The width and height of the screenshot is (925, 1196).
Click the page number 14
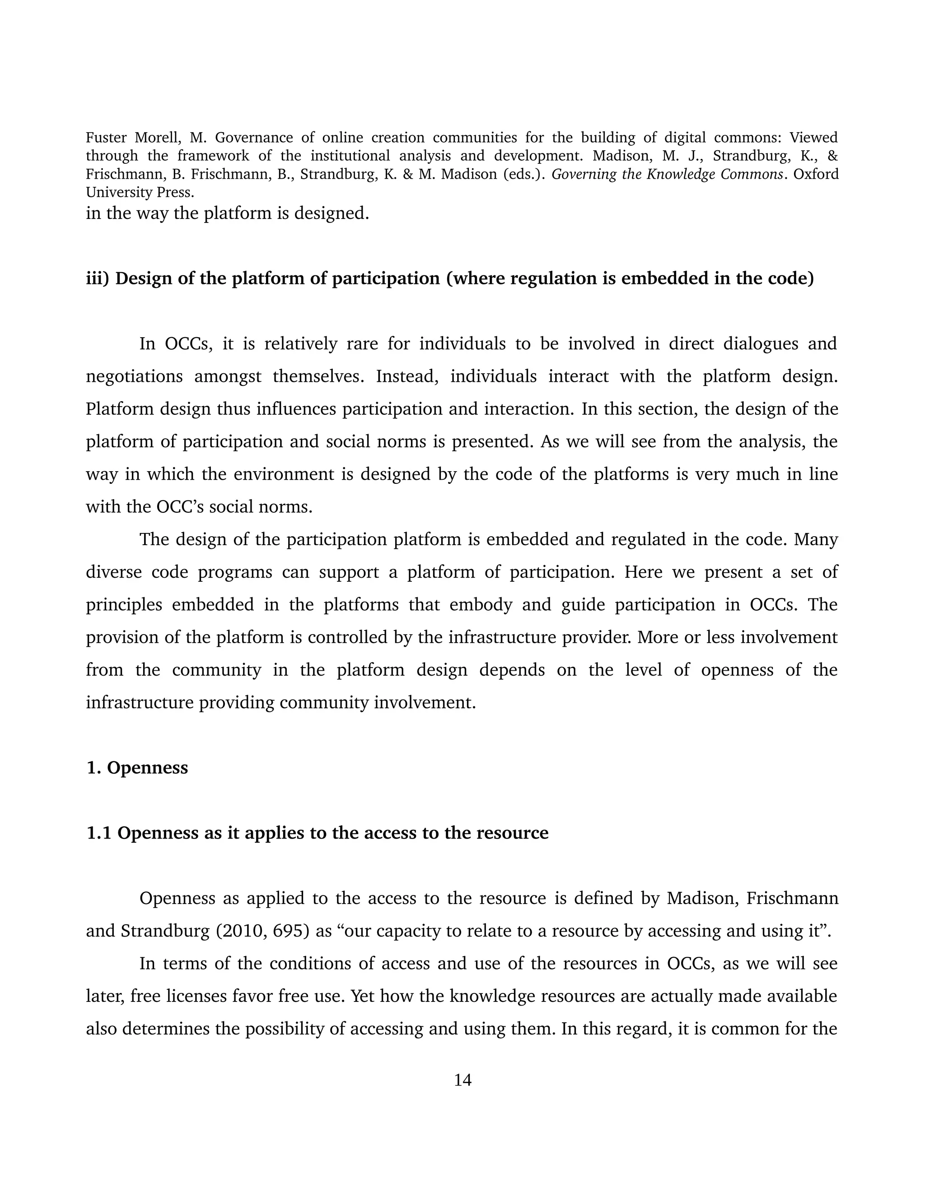point(462,1080)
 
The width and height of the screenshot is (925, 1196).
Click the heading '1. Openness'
point(137,768)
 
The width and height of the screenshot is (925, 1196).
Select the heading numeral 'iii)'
point(98,279)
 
